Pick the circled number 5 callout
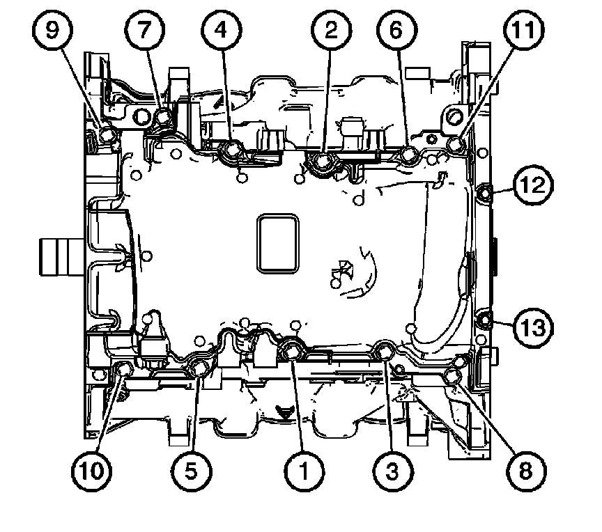(x=190, y=471)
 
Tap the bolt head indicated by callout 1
(x=293, y=350)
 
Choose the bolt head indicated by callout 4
(x=230, y=151)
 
